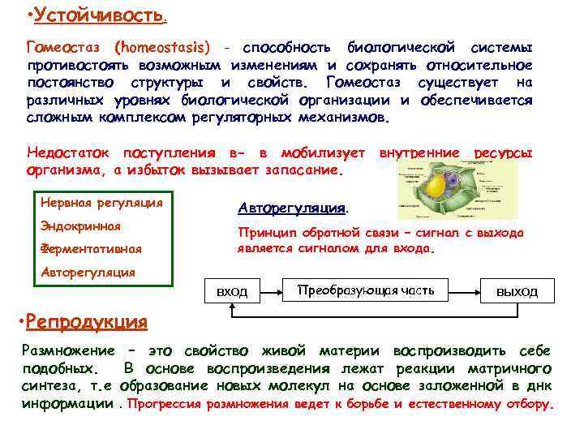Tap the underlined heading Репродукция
(87, 321)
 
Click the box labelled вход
(234, 291)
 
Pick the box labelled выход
(517, 291)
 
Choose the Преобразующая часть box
(367, 290)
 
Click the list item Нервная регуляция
(101, 202)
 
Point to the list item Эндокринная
(80, 225)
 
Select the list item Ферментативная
(91, 248)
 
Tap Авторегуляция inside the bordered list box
(88, 272)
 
